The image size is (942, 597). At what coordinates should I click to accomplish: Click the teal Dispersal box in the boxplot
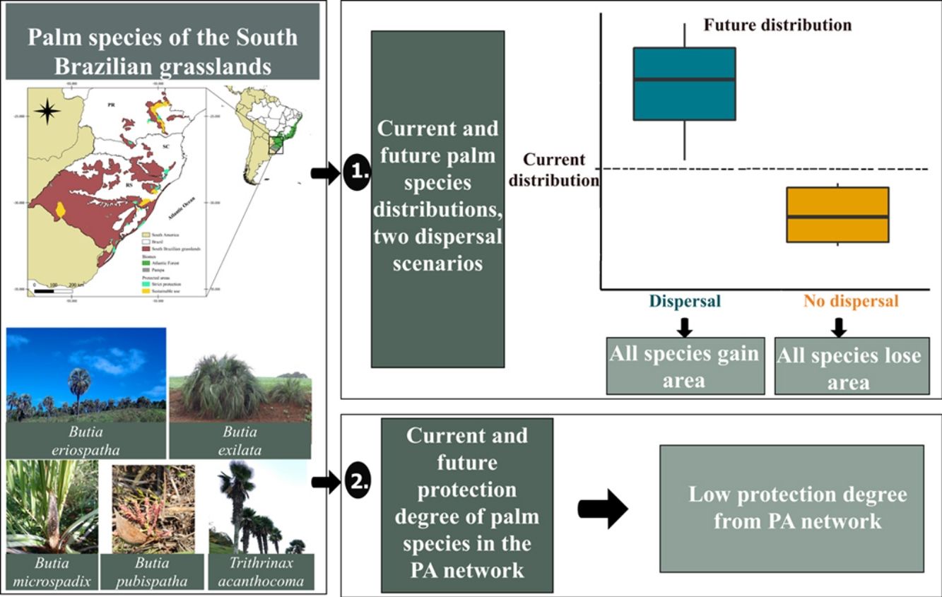[684, 84]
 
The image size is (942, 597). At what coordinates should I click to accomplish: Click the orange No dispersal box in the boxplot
[837, 215]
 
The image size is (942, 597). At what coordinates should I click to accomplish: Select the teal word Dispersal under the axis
[684, 301]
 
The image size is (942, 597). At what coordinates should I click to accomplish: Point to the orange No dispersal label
[851, 301]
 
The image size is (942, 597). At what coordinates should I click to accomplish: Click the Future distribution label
[777, 25]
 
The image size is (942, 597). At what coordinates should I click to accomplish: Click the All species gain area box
[685, 366]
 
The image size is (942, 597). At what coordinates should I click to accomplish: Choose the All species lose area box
[852, 366]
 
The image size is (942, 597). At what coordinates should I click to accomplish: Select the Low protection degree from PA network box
[791, 507]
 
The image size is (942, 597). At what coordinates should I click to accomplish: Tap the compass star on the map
[47, 111]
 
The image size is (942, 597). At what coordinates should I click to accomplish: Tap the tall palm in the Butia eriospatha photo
[78, 386]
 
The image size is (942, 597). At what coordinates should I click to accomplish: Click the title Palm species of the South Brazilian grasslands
[163, 51]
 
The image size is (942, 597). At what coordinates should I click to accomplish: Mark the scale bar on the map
[53, 290]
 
